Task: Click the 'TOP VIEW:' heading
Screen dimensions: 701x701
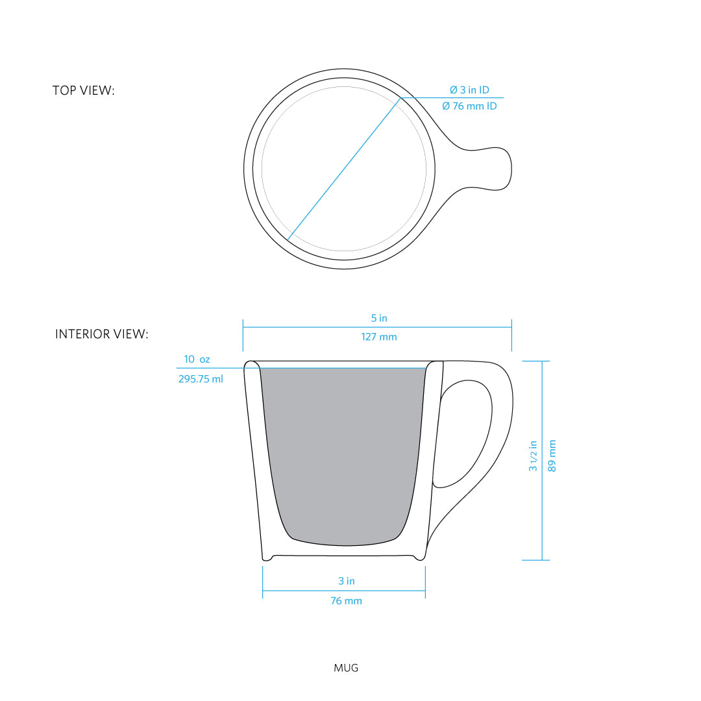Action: pyautogui.click(x=83, y=91)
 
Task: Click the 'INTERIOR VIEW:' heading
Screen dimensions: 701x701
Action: pyautogui.click(x=101, y=334)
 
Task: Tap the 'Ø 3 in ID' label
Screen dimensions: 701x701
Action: pyautogui.click(x=469, y=90)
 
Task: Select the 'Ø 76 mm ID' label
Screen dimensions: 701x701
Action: pyautogui.click(x=469, y=106)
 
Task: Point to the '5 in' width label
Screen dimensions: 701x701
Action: pyautogui.click(x=379, y=318)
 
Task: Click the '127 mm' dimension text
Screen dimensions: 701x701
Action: pyautogui.click(x=379, y=337)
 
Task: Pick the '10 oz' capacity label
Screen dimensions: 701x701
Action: pyautogui.click(x=197, y=359)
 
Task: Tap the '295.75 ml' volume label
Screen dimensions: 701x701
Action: pyautogui.click(x=201, y=379)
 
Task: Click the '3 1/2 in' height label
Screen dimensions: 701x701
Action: pyautogui.click(x=534, y=456)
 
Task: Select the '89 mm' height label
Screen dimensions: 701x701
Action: pyautogui.click(x=552, y=456)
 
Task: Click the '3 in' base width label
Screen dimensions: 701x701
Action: pyautogui.click(x=347, y=581)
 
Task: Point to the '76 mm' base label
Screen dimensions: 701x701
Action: pyautogui.click(x=347, y=601)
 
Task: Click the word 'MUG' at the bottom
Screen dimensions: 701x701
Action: pyautogui.click(x=346, y=667)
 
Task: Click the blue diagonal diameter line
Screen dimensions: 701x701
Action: pyautogui.click(x=344, y=169)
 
